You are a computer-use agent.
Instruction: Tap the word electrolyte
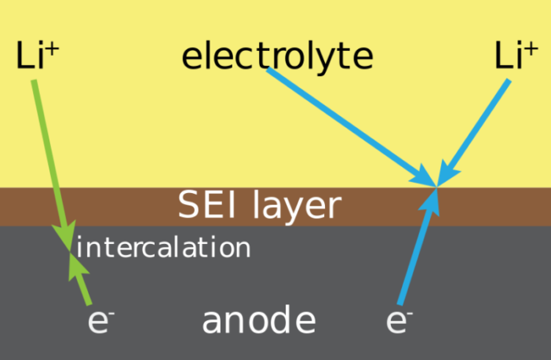click(x=277, y=56)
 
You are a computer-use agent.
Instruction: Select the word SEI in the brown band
click(x=206, y=205)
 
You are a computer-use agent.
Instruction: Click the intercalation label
click(x=163, y=248)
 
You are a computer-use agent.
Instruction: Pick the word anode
click(x=259, y=321)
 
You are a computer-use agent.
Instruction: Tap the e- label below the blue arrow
click(x=400, y=322)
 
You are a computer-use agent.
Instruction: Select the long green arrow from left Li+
click(x=49, y=157)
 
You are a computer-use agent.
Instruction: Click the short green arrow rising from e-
click(x=82, y=279)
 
